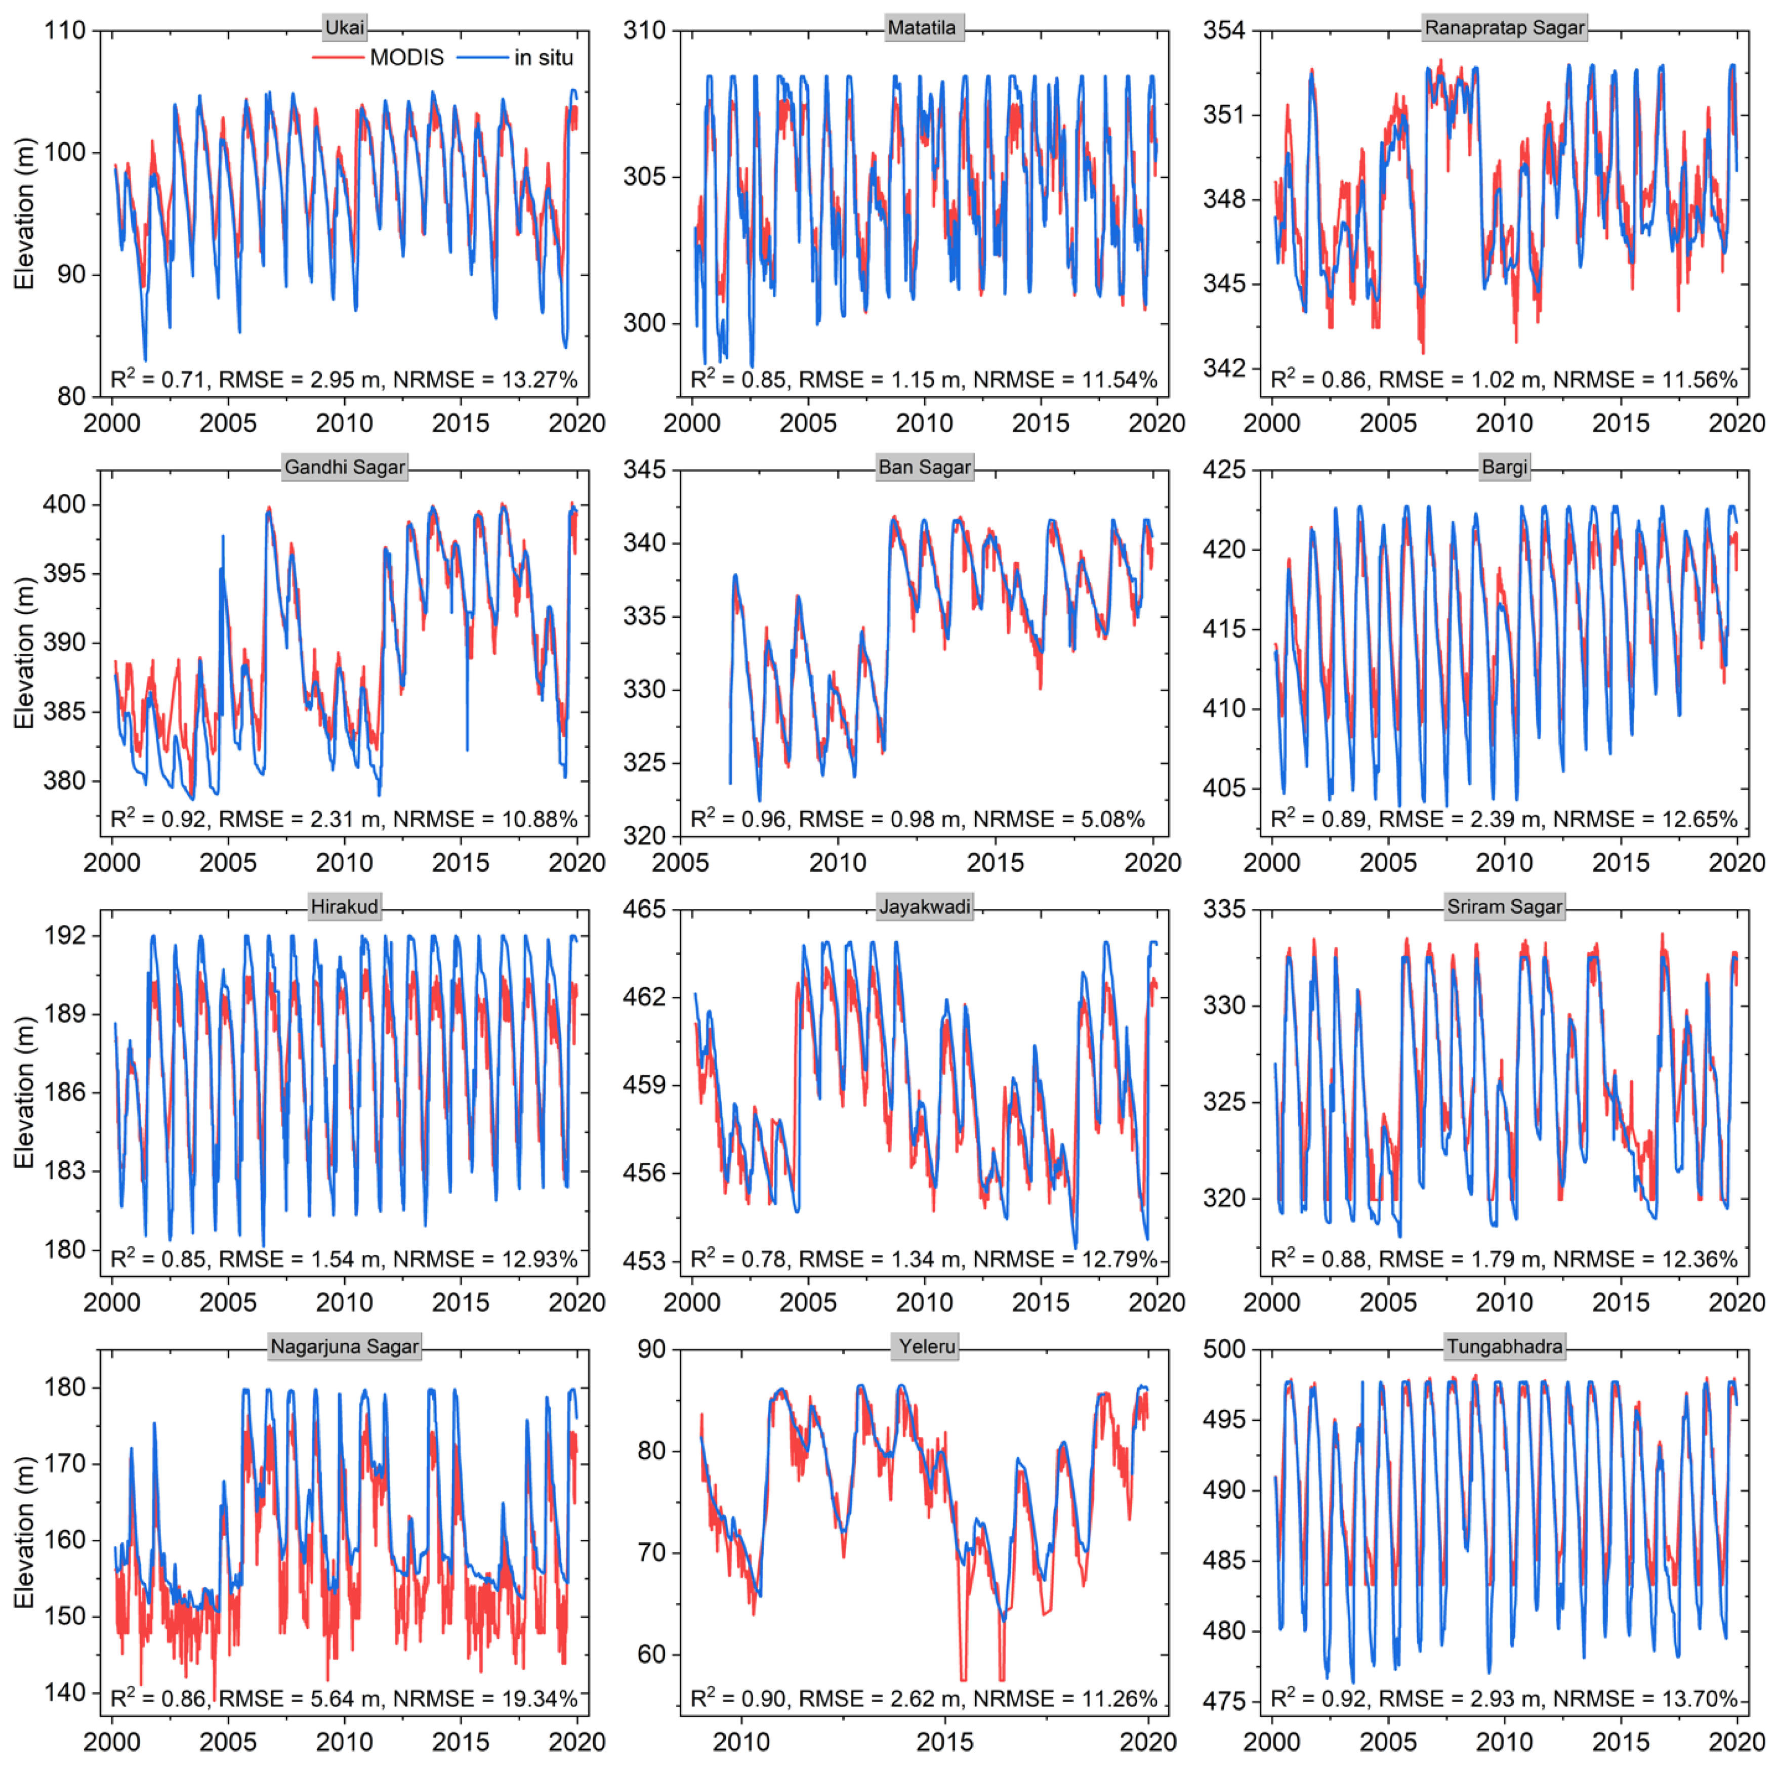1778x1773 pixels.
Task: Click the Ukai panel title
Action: pyautogui.click(x=344, y=28)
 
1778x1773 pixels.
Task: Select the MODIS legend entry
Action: pyautogui.click(x=406, y=58)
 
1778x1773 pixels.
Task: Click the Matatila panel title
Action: pyautogui.click(x=921, y=28)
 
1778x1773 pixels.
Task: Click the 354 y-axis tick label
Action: pyautogui.click(x=1224, y=30)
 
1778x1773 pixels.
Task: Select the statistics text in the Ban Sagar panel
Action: pyautogui.click(x=918, y=819)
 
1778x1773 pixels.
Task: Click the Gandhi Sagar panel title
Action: pyautogui.click(x=344, y=468)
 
